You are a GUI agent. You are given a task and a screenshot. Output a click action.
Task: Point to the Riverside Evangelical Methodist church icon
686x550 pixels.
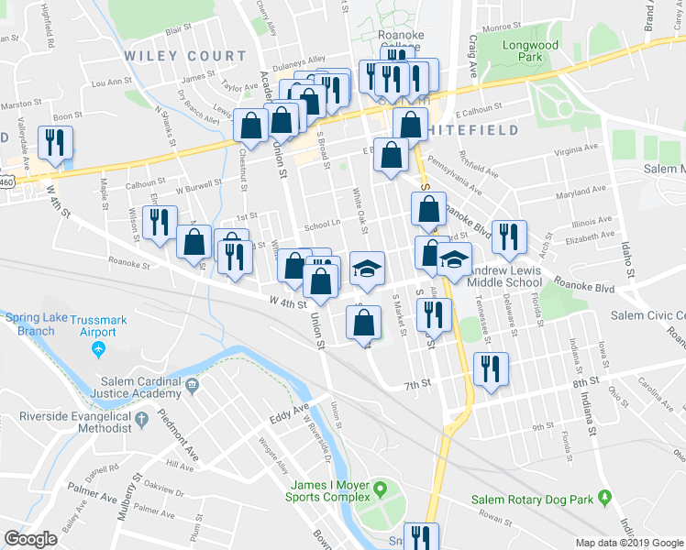[141, 420]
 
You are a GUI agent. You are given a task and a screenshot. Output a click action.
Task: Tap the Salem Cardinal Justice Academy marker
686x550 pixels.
[192, 385]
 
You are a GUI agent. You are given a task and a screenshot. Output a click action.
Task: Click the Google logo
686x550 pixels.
[31, 539]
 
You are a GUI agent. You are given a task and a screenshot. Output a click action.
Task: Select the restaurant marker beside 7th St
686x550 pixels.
[491, 369]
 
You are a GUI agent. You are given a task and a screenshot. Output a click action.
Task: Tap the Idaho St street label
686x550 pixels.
[630, 261]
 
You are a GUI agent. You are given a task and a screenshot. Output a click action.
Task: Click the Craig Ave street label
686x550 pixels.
[474, 56]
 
